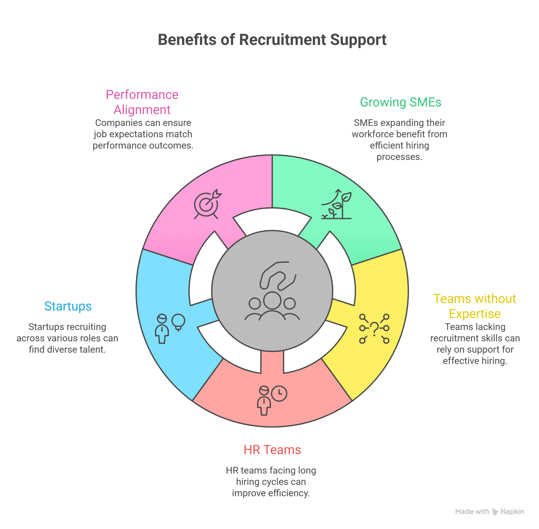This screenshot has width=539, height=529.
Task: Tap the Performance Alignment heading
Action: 142,102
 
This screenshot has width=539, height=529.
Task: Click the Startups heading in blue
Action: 68,306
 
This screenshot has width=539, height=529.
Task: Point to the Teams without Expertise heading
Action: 475,306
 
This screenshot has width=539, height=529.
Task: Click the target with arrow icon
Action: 207,204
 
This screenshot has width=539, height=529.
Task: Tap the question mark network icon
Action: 374,329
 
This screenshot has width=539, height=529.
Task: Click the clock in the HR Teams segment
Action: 279,393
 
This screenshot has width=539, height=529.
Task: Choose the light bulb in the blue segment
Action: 178,322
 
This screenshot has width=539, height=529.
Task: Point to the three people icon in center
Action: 272,307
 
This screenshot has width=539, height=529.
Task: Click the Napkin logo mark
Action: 495,512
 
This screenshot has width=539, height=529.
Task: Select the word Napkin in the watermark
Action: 512,512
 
